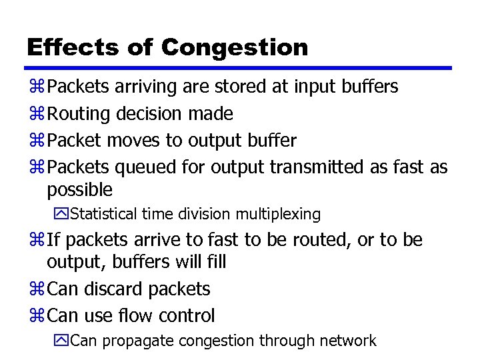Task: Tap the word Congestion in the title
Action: pos(235,48)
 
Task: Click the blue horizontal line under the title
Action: pos(239,68)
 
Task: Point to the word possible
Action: pos(80,190)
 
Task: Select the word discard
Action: pos(119,289)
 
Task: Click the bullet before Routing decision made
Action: pos(37,114)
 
